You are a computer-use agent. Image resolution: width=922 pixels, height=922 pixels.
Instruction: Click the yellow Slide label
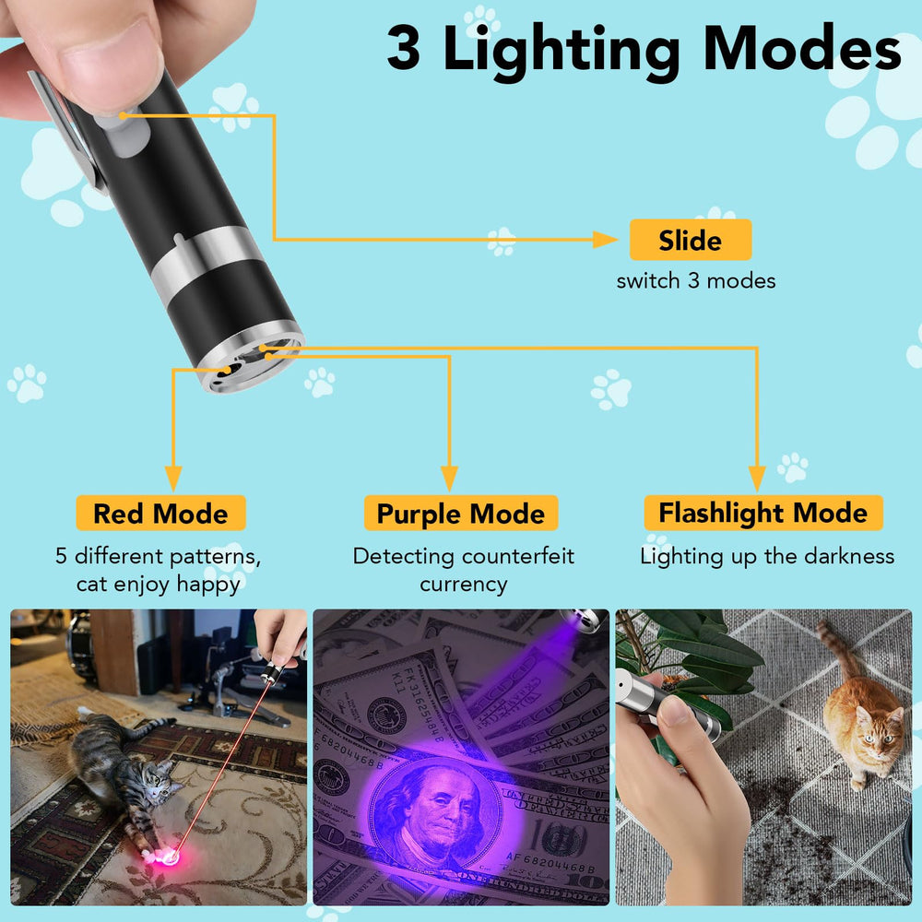[691, 240]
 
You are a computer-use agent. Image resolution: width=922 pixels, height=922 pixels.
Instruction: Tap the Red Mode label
[160, 514]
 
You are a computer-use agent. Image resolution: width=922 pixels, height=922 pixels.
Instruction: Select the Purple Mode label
[461, 514]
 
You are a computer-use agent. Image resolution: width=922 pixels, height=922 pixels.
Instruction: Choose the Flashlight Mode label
[763, 513]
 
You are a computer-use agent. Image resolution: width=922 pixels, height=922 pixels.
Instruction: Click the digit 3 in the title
[404, 48]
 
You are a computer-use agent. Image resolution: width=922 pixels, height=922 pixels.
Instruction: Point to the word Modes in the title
[802, 48]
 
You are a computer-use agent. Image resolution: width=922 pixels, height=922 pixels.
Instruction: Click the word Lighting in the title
[561, 52]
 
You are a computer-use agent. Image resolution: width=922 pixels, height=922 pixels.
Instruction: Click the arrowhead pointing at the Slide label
[605, 240]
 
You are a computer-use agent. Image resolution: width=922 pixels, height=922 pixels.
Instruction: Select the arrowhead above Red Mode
[173, 478]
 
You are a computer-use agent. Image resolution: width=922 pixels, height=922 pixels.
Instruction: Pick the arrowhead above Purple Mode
[449, 478]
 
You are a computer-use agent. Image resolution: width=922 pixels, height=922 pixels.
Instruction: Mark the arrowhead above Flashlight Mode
[757, 478]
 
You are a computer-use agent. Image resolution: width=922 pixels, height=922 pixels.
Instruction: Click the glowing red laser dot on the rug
[170, 857]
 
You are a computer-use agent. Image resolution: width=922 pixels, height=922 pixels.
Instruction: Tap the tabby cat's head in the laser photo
[157, 783]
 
